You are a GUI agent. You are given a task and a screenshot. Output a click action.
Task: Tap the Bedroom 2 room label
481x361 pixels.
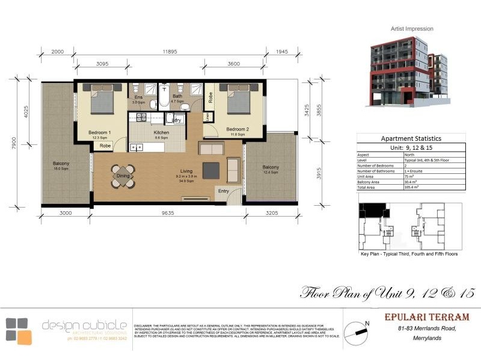tap(237, 129)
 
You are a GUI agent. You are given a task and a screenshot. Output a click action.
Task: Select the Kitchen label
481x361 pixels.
tap(161, 132)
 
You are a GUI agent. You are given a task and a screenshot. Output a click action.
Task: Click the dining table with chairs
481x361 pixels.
tap(123, 176)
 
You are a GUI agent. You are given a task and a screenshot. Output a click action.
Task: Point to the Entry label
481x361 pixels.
tap(224, 191)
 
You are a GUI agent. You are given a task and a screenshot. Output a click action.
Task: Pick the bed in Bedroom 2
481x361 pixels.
tap(239, 98)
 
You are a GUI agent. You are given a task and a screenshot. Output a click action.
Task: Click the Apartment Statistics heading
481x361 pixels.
tap(411, 138)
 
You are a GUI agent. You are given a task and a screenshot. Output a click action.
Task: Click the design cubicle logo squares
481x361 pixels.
tap(18, 330)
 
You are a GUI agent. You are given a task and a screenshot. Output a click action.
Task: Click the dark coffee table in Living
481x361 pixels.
tap(211, 171)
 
